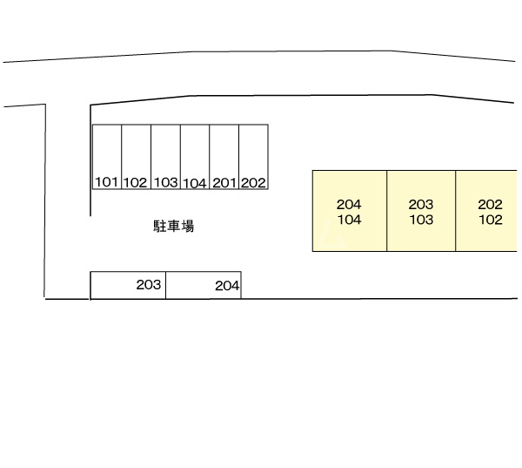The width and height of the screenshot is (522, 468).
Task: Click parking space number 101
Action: click(107, 158)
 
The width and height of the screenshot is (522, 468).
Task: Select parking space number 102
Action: click(136, 158)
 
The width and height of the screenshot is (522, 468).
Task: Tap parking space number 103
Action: click(165, 158)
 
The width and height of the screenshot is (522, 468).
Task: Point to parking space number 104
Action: click(195, 158)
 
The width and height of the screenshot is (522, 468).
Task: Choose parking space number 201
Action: click(224, 158)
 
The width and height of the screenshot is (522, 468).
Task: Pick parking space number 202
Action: click(253, 158)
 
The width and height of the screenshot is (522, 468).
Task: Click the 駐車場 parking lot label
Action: click(173, 227)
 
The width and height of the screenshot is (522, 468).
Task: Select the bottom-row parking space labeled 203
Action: click(128, 285)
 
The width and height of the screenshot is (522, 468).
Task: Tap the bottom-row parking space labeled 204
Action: click(203, 285)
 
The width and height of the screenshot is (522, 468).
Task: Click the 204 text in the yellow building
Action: click(349, 205)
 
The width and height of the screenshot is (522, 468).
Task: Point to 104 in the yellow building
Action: click(349, 220)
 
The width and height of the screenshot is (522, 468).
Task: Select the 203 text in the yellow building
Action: click(421, 205)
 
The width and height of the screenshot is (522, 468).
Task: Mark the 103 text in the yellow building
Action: click(421, 220)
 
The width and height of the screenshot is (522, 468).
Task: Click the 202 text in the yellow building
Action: click(491, 205)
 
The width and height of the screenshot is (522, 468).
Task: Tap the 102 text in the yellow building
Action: click(491, 220)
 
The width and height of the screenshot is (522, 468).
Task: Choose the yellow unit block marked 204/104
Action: click(349, 235)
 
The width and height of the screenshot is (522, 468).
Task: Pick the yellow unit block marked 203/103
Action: click(421, 235)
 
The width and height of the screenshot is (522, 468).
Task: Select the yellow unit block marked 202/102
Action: click(487, 235)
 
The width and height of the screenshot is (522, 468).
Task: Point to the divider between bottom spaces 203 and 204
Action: click(165, 285)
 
